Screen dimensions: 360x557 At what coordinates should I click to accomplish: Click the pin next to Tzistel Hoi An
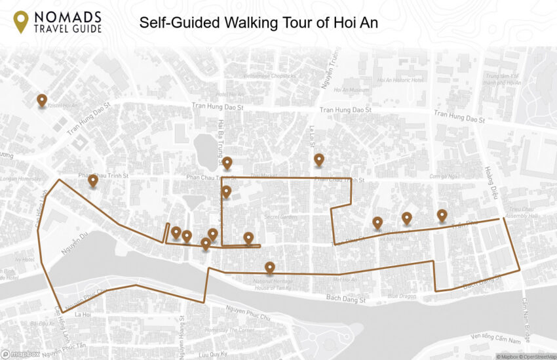(x=42, y=100)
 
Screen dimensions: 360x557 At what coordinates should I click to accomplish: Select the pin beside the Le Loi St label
(x=319, y=159)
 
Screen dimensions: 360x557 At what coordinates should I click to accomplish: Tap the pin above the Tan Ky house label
(x=269, y=267)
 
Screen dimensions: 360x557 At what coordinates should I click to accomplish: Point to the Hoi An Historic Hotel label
(x=400, y=80)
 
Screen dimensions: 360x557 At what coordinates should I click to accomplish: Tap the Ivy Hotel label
(x=26, y=259)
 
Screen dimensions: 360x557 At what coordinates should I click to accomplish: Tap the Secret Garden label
(x=280, y=216)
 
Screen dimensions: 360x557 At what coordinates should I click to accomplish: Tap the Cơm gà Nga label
(x=442, y=176)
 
